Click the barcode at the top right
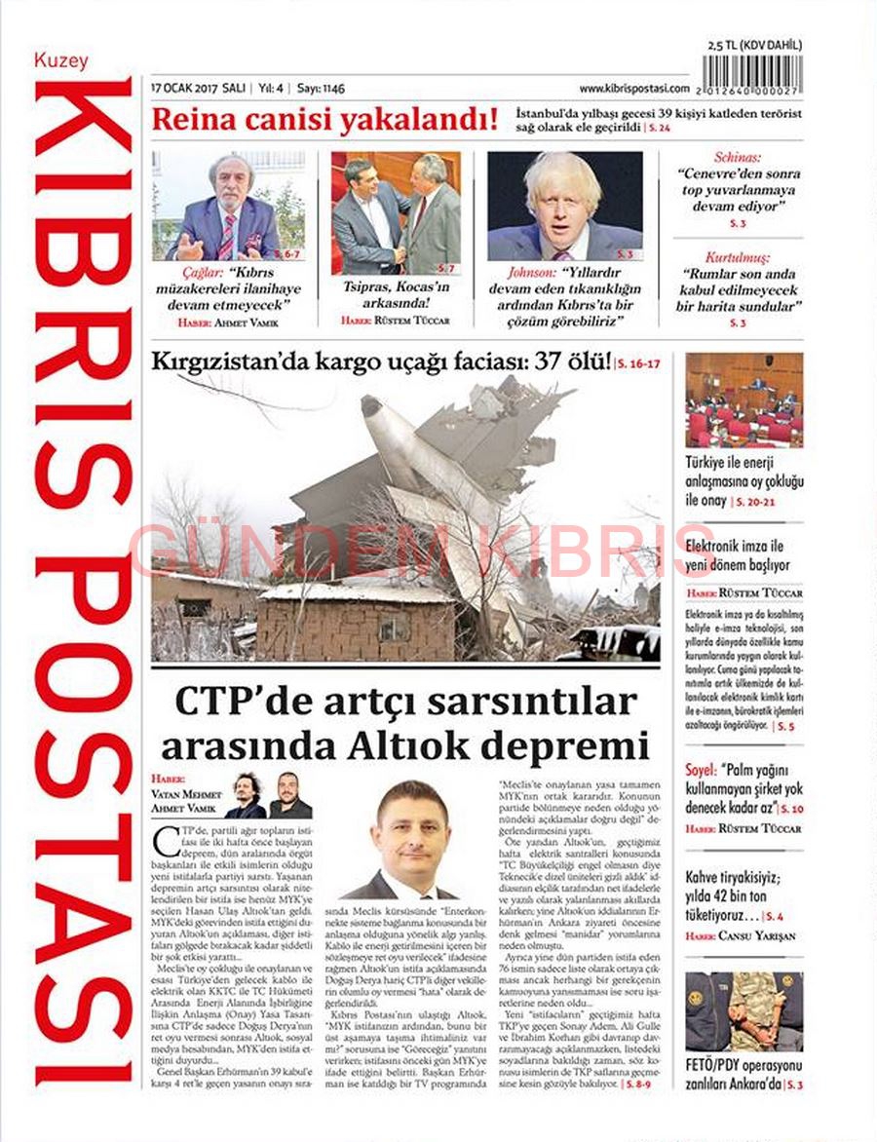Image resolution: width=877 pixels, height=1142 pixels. pos(754,75)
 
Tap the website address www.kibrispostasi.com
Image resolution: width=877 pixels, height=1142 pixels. pos(633,88)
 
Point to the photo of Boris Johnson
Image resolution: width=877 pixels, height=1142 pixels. pos(564,206)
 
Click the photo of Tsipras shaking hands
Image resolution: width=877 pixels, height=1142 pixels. pos(396,212)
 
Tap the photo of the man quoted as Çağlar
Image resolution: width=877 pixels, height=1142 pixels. pos(229,206)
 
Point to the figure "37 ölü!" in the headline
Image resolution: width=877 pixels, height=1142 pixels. pos(570,362)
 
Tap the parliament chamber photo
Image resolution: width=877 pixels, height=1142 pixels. pos(744,400)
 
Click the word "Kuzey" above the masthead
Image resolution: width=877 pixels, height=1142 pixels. pos(61,60)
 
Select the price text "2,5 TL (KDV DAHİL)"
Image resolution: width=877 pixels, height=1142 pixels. pos(755,44)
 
